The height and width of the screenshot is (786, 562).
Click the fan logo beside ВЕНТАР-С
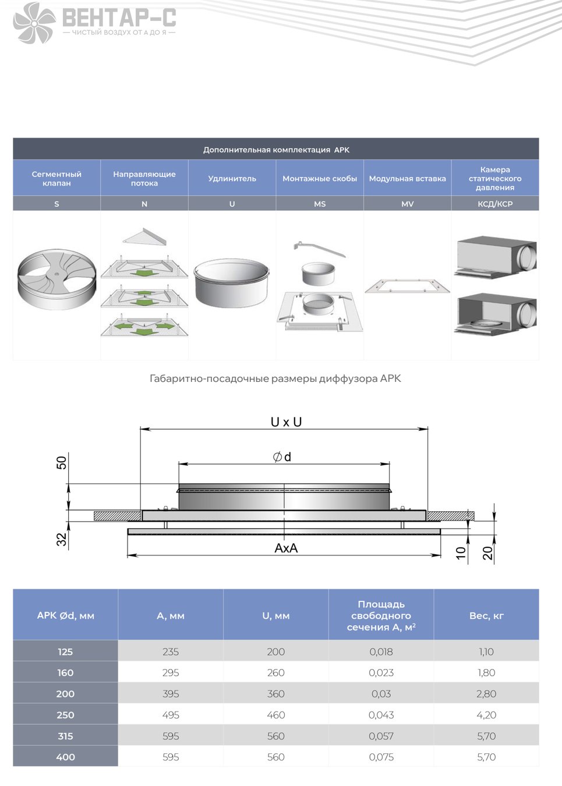[x=34, y=23]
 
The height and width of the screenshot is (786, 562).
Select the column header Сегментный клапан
[x=56, y=179]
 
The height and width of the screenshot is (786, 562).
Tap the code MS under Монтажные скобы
[x=320, y=204]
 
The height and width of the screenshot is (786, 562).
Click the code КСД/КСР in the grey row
[x=495, y=204]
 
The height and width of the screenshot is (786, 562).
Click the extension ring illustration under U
[x=232, y=283]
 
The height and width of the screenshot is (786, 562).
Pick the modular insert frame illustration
[x=407, y=286]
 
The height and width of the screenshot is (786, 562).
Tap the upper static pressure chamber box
[x=495, y=257]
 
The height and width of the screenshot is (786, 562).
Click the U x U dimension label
[x=286, y=422]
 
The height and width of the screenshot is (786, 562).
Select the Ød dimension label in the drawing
[x=282, y=457]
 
